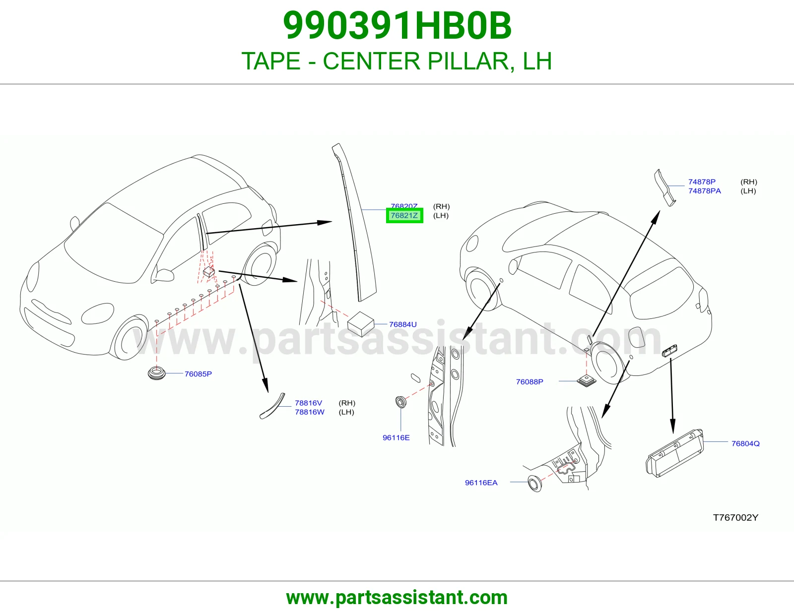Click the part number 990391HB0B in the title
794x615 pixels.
tap(397, 26)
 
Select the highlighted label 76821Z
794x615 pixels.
tap(404, 215)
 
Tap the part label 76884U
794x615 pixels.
tap(402, 324)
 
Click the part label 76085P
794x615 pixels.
tap(198, 374)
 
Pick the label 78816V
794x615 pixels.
tap(308, 403)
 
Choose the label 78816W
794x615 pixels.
tap(310, 412)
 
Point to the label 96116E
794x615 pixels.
tap(396, 437)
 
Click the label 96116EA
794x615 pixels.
tap(481, 483)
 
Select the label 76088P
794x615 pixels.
tap(529, 381)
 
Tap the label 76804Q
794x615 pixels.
tap(745, 443)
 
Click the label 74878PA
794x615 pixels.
tap(705, 190)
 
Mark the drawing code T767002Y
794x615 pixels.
tap(735, 517)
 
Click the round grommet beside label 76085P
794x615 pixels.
tap(157, 373)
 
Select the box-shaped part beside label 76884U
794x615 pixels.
tap(361, 324)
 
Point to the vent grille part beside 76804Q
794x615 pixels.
tap(674, 453)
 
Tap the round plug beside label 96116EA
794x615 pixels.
tap(535, 484)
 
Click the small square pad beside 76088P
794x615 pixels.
tap(587, 381)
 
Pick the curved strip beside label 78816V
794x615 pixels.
tap(272, 406)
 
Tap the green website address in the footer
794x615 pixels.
tap(397, 598)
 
